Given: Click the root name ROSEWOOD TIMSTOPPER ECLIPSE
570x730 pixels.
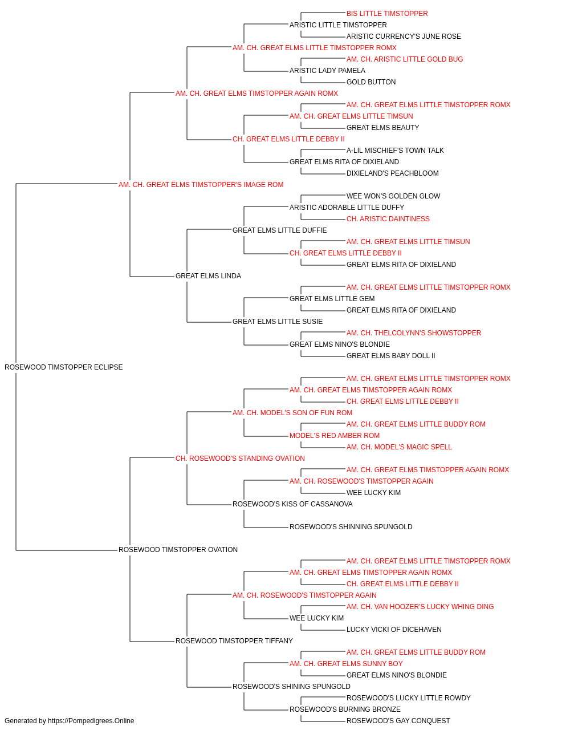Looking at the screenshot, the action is [63, 367].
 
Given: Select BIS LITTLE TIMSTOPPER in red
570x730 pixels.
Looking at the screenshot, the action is [387, 14].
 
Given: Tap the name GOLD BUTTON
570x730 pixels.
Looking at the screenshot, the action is [371, 82].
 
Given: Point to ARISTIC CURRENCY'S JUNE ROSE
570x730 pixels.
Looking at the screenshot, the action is [404, 36].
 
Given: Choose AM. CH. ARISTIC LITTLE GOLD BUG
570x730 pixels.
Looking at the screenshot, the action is [405, 59].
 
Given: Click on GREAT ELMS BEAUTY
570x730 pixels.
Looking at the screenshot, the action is [382, 128].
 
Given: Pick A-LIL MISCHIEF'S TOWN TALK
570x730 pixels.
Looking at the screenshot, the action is [395, 151].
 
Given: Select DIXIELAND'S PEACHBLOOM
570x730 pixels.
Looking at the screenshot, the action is [392, 173].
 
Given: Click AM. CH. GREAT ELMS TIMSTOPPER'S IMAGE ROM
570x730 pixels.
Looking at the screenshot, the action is [201, 185].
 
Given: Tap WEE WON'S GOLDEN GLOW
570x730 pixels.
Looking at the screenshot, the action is [393, 196].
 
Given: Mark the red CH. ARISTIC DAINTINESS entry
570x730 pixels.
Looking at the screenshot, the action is [388, 219].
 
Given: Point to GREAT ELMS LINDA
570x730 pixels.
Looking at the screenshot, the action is [208, 276].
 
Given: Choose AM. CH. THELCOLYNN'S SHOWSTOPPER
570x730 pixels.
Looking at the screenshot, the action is [414, 333].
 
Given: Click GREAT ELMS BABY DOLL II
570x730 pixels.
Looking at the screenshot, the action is [391, 356].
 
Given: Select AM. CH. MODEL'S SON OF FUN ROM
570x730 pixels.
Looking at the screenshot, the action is [292, 413].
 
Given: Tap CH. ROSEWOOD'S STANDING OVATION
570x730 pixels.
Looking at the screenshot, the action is [240, 459].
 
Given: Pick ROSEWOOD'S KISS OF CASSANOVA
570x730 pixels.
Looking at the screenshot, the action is [292, 504].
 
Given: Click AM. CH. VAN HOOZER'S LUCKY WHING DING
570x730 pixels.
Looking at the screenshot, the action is [420, 607].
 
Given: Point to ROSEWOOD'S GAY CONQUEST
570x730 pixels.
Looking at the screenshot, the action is [398, 721].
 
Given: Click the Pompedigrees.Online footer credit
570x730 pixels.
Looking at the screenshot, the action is [69, 721].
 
